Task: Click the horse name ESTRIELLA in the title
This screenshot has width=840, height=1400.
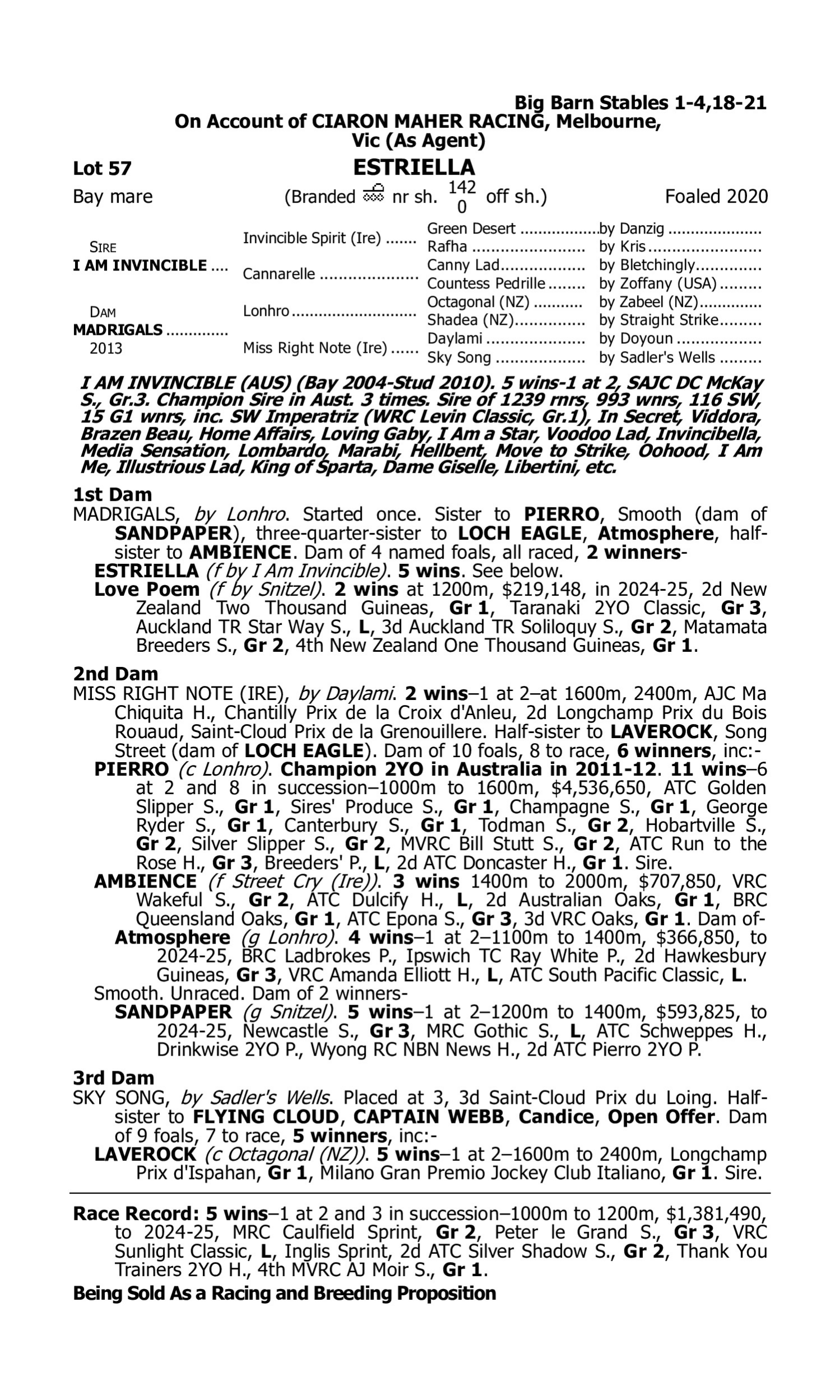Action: (414, 167)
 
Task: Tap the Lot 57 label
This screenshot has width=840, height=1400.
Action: (102, 169)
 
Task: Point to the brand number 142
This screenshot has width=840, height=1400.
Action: (462, 187)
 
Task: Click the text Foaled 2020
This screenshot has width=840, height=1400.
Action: (716, 197)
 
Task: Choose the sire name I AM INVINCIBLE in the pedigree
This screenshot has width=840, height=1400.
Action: (140, 265)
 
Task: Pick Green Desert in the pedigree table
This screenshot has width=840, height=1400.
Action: (471, 228)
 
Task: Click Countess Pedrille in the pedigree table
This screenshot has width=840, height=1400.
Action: (486, 283)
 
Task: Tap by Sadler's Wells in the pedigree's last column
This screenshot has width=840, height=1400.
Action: (657, 358)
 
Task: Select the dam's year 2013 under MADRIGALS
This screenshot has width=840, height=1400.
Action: (106, 348)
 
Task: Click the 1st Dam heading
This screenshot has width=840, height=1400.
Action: (112, 494)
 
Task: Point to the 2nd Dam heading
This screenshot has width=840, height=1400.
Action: (115, 674)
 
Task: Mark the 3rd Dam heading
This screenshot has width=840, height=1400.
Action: (113, 1078)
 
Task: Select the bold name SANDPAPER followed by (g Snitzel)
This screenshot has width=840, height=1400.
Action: (173, 1012)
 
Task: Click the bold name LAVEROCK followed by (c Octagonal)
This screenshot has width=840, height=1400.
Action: (145, 1154)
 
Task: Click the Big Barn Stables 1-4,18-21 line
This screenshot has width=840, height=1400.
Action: (640, 103)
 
